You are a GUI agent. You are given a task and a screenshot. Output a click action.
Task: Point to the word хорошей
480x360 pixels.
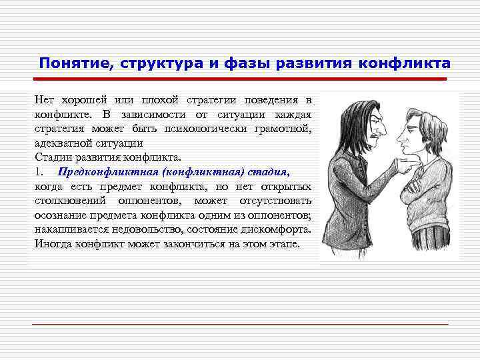(83, 100)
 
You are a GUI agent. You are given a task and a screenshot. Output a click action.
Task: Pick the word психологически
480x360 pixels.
(211, 129)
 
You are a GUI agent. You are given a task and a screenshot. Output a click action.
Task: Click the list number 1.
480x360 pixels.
(38, 172)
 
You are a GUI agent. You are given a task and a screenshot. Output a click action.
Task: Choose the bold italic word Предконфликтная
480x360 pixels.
(103, 172)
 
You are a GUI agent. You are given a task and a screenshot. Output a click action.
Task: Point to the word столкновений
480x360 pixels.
(73, 201)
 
